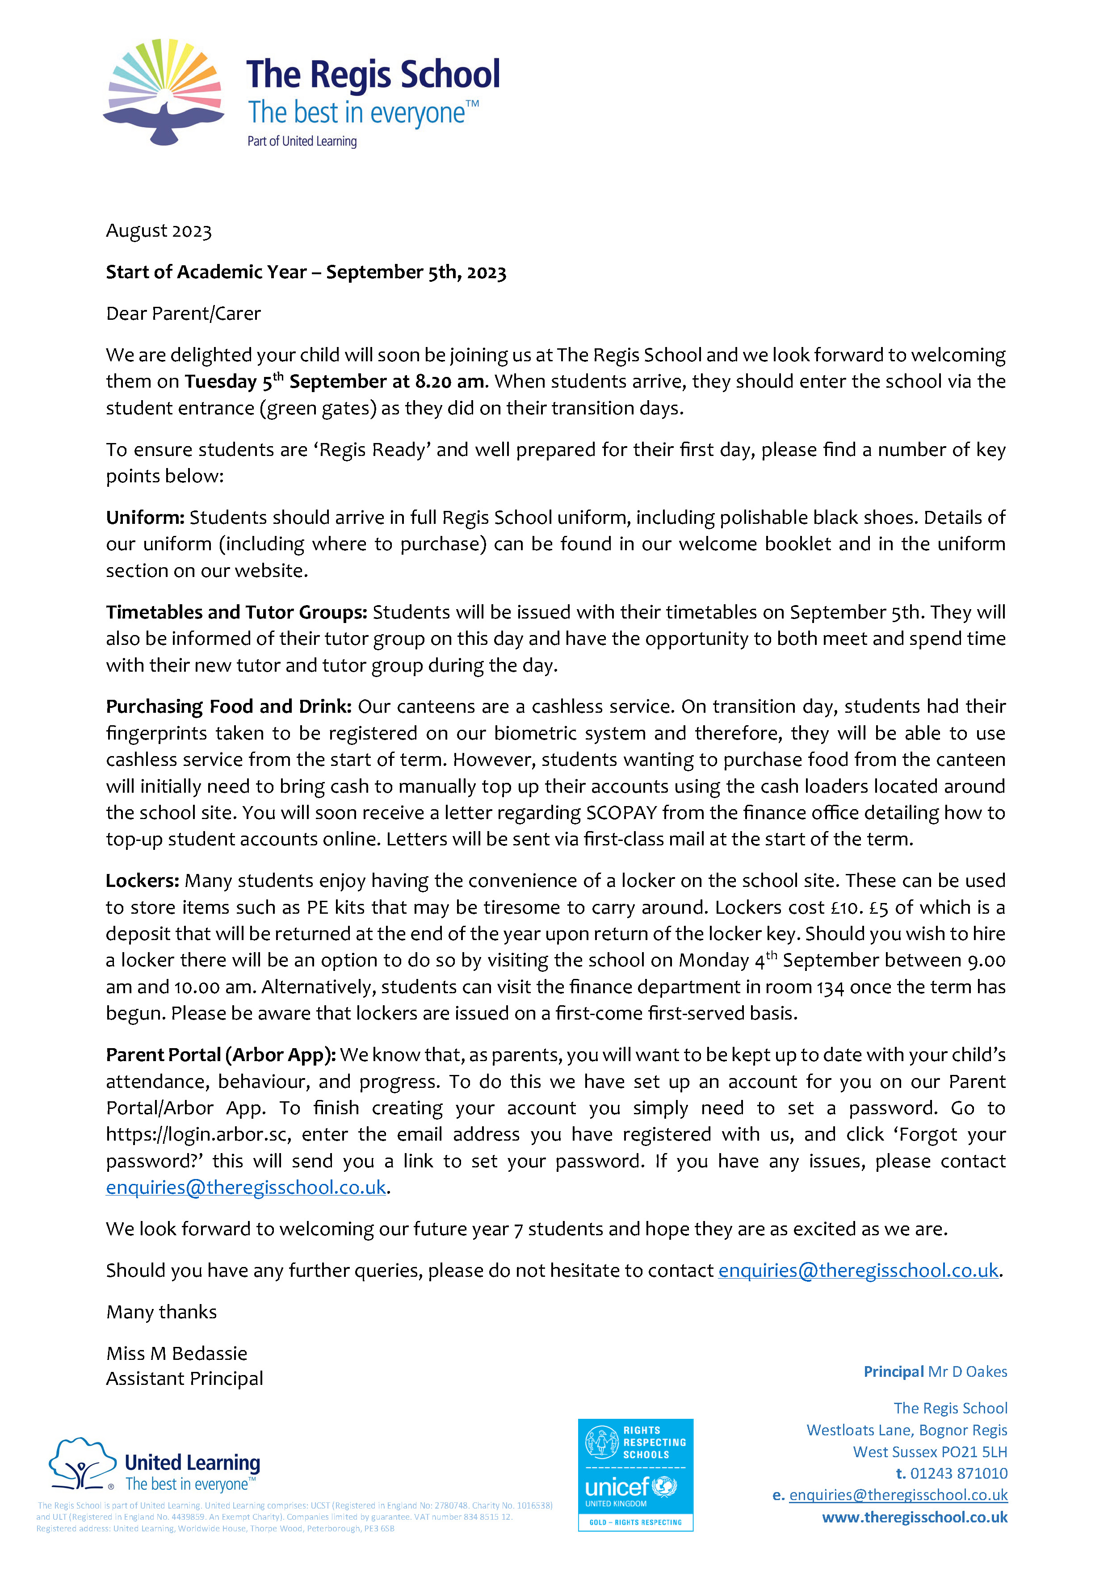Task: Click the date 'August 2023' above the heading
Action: pyautogui.click(x=159, y=231)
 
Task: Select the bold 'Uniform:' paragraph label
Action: pyautogui.click(x=145, y=518)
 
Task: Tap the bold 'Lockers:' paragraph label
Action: pyautogui.click(x=143, y=881)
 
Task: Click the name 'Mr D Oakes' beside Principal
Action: pyautogui.click(x=968, y=1372)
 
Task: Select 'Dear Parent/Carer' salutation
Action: pyautogui.click(x=184, y=314)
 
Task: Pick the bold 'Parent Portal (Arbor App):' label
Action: pyautogui.click(x=221, y=1055)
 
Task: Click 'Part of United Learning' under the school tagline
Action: pyautogui.click(x=302, y=142)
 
